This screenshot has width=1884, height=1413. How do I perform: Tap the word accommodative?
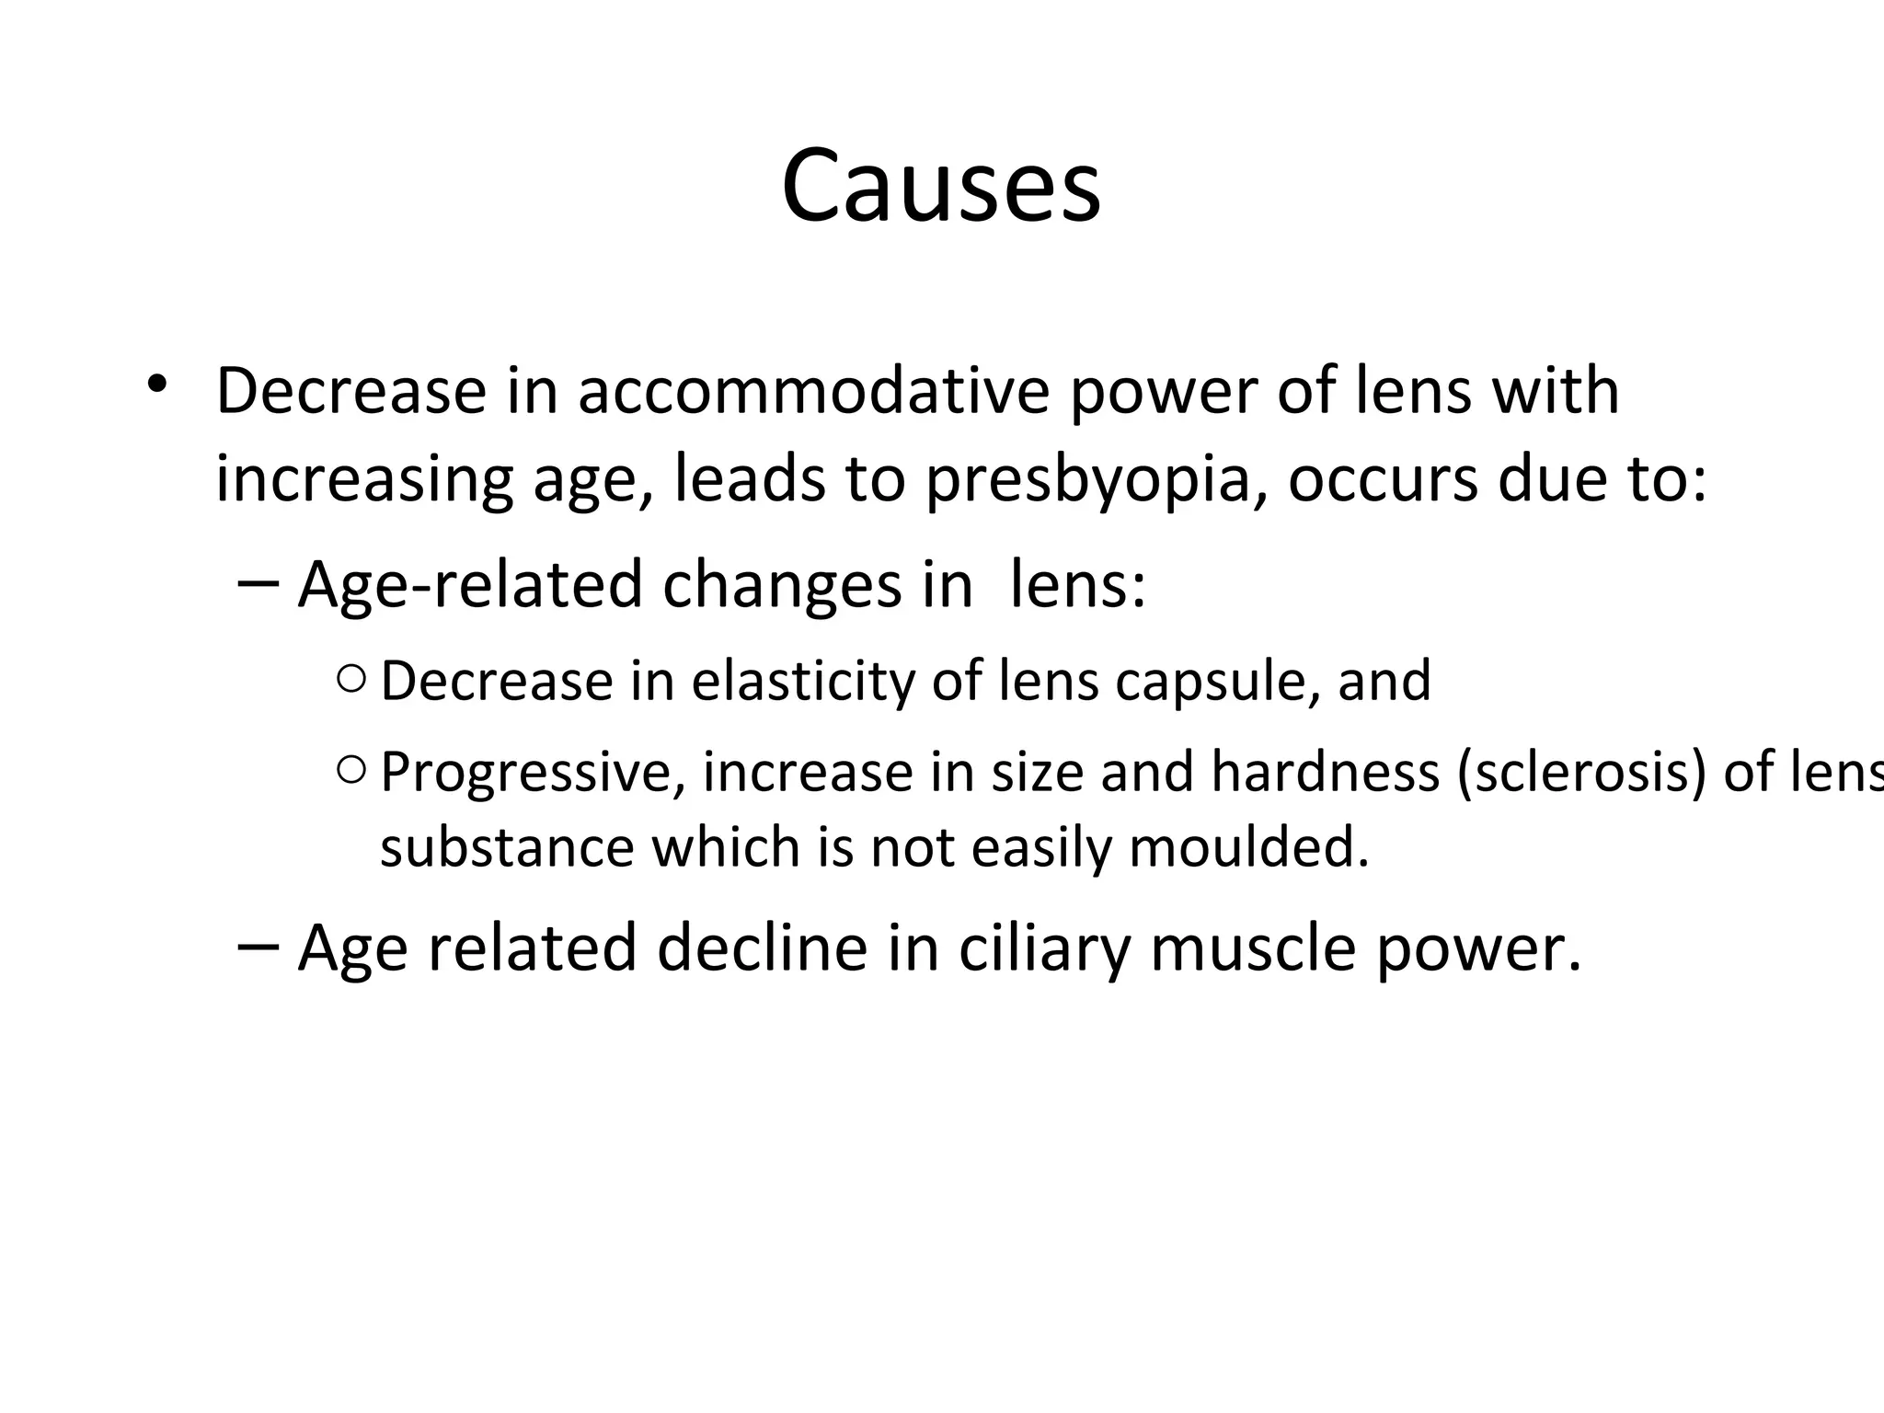tap(813, 391)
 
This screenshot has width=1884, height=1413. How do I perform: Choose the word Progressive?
tap(532, 773)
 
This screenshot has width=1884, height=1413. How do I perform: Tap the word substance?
tap(507, 847)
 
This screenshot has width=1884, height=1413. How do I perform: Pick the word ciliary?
tap(1042, 948)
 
